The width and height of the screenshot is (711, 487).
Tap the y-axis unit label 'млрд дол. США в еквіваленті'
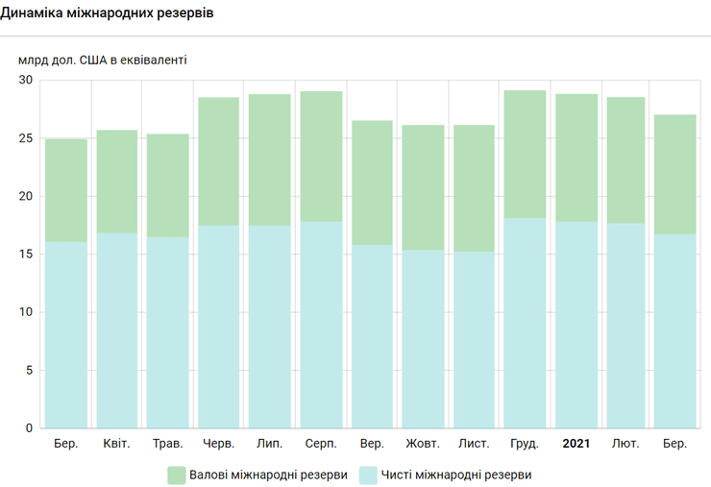coord(102,60)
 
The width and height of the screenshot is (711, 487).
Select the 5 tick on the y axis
coord(28,370)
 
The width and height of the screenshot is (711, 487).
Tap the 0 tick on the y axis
coord(28,428)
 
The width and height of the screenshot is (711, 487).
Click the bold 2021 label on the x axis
coord(576,444)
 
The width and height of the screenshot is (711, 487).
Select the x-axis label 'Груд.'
coord(525,444)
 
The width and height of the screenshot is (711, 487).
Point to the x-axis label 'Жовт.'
coord(423,444)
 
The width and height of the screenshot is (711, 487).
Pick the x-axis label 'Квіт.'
coord(117,444)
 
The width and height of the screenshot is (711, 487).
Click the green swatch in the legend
coord(176,475)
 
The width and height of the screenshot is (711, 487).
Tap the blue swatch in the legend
coord(367,475)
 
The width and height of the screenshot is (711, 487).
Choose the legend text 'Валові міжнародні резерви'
coord(269,475)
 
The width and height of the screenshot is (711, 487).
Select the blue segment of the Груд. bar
coord(525,323)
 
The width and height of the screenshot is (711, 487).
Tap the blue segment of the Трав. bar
coord(168,332)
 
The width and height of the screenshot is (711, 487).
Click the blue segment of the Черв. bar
coord(219,327)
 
